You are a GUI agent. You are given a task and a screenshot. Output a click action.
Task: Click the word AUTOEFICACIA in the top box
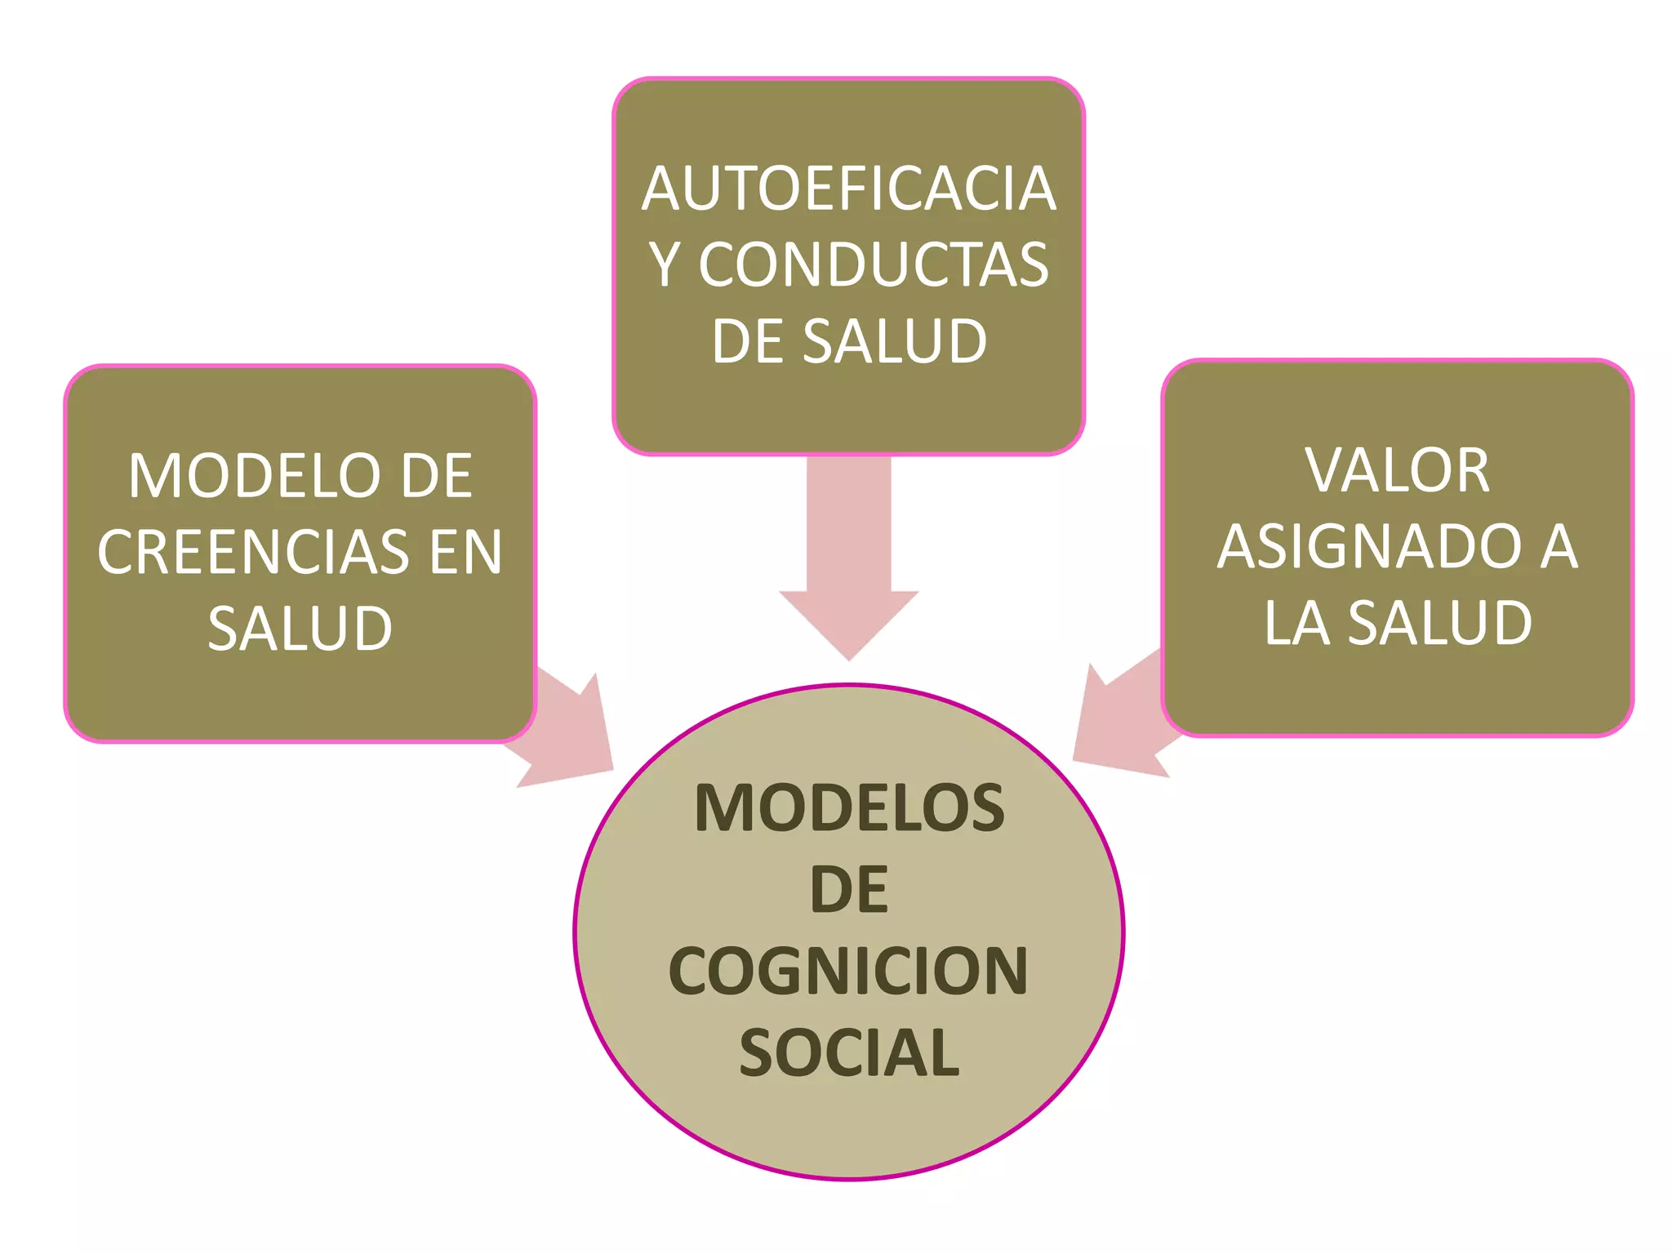pyautogui.click(x=849, y=189)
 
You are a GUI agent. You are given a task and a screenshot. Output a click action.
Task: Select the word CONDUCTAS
pyautogui.click(x=874, y=265)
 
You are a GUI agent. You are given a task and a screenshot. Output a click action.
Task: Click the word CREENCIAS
pyautogui.click(x=253, y=552)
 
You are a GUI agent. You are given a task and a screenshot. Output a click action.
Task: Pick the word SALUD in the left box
pyautogui.click(x=300, y=629)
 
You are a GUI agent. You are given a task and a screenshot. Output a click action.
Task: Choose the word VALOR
pyautogui.click(x=1397, y=470)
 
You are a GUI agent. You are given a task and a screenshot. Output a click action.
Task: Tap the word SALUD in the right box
pyautogui.click(x=1439, y=623)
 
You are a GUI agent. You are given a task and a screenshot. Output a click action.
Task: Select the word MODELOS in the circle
pyautogui.click(x=849, y=808)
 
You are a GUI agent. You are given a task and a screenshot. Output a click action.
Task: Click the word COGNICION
pyautogui.click(x=848, y=972)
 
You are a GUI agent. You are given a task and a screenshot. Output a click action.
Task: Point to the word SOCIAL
pyautogui.click(x=849, y=1053)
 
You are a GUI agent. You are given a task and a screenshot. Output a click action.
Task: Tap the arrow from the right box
pyautogui.click(x=1123, y=723)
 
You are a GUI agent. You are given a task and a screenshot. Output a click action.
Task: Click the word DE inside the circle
pyautogui.click(x=849, y=890)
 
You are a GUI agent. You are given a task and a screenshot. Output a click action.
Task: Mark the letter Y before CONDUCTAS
pyautogui.click(x=665, y=265)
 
